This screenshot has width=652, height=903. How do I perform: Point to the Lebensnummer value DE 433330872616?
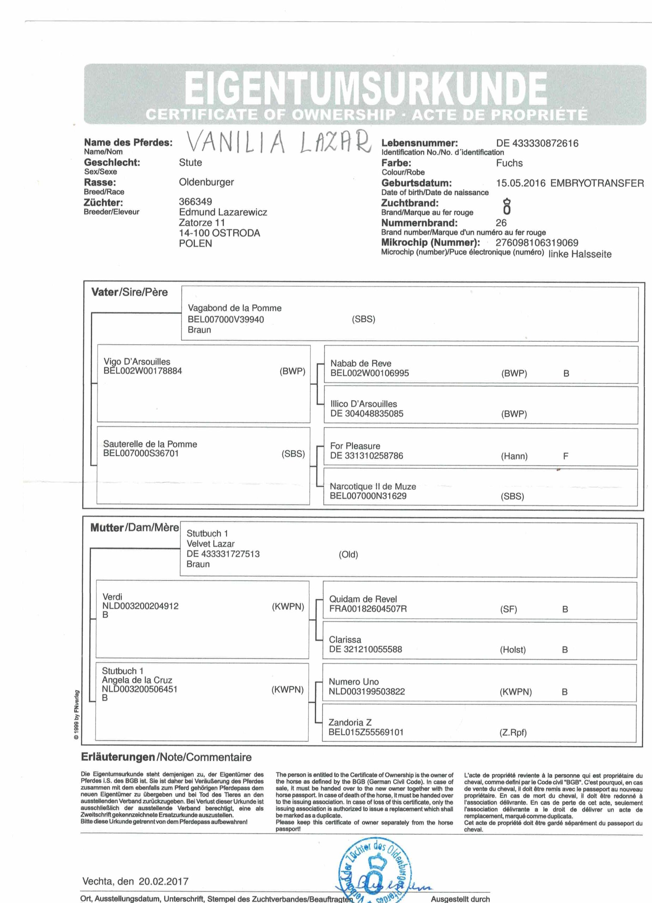(x=537, y=143)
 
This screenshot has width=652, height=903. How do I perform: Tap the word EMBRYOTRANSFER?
(x=597, y=183)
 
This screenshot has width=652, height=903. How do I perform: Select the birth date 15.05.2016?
(x=520, y=183)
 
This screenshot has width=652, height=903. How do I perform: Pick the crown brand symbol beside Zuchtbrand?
(x=507, y=207)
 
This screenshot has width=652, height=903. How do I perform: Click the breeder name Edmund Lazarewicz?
(x=223, y=212)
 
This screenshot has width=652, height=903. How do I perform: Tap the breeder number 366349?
(x=195, y=201)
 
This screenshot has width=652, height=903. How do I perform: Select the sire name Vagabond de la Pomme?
(x=235, y=308)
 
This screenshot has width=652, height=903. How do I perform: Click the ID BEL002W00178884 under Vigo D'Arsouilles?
(x=143, y=371)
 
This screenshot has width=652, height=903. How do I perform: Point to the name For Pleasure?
(x=355, y=446)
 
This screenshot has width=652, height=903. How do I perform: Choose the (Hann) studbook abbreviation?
(x=514, y=456)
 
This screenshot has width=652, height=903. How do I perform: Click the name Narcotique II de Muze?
(x=373, y=486)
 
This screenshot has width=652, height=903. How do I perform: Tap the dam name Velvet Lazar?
(x=210, y=544)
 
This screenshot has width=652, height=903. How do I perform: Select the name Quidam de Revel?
(x=363, y=599)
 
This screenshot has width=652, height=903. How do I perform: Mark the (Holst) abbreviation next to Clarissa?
(x=513, y=650)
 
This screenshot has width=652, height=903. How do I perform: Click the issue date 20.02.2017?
(x=163, y=881)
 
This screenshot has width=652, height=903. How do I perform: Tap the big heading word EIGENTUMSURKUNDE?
(x=366, y=87)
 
